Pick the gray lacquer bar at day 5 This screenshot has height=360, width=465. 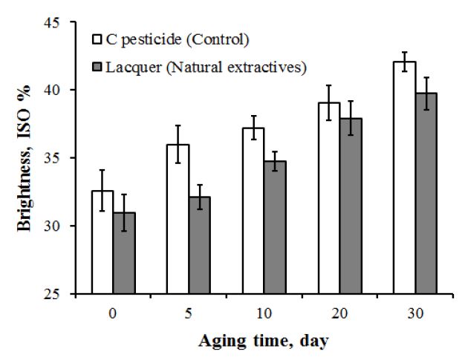(x=200, y=245)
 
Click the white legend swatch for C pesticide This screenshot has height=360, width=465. (x=96, y=37)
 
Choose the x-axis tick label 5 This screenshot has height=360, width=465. (x=189, y=312)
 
